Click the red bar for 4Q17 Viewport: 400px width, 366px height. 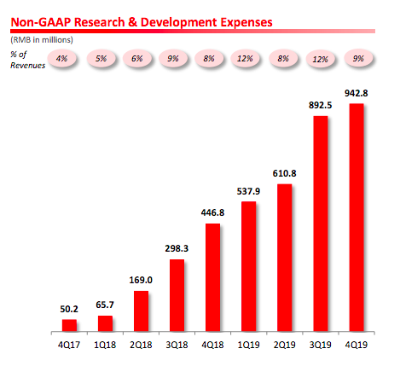tap(69, 325)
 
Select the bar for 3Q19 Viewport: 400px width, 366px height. tap(321, 224)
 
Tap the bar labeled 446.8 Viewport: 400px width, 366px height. tap(212, 277)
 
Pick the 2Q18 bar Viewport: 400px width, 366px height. tap(141, 311)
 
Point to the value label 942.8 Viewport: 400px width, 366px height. tap(357, 93)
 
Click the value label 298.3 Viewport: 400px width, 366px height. tap(177, 248)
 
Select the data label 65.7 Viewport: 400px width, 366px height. tap(105, 305)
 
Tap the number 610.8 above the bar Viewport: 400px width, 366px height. tap(284, 173)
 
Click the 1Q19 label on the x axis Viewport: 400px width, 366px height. tap(248, 345)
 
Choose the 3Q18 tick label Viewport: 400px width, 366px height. tap(177, 345)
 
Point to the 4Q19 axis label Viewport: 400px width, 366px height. tap(357, 345)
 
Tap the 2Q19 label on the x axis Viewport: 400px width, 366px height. tap(284, 345)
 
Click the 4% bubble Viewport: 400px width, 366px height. tap(61, 59)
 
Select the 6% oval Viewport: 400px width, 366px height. tap(137, 59)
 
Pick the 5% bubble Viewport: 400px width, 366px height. tap(101, 59)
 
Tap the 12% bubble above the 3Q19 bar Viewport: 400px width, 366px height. tap(321, 59)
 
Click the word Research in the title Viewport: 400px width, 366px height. tap(100, 22)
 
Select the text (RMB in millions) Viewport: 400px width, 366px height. tap(42, 40)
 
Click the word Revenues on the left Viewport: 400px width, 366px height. tap(28, 66)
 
